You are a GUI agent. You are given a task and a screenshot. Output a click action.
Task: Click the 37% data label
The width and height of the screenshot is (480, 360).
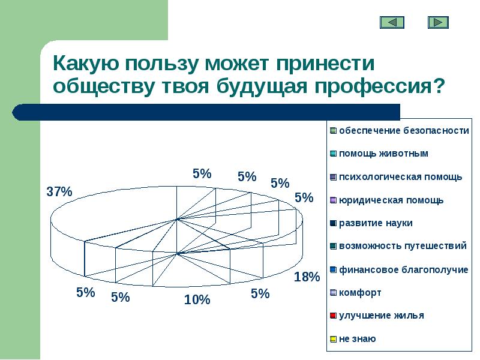pyautogui.click(x=59, y=192)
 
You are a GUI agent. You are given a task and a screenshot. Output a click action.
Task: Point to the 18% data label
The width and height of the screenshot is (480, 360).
pyautogui.click(x=307, y=277)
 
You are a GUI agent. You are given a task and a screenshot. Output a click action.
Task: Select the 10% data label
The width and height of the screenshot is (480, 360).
pyautogui.click(x=197, y=299)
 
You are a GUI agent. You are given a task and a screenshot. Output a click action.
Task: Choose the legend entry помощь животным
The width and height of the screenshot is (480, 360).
pyautogui.click(x=383, y=154)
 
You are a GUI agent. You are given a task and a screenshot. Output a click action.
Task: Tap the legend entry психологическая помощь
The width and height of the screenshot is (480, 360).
pyautogui.click(x=400, y=176)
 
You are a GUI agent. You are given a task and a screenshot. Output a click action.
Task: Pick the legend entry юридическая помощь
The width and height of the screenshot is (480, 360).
pyautogui.click(x=391, y=200)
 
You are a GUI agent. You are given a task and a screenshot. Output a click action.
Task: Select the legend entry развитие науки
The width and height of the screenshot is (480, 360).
pyautogui.click(x=376, y=223)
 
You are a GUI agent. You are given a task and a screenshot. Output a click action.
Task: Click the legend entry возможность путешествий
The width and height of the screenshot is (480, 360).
pyautogui.click(x=403, y=246)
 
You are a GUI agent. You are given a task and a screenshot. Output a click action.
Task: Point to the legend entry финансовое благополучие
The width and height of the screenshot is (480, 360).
pyautogui.click(x=403, y=269)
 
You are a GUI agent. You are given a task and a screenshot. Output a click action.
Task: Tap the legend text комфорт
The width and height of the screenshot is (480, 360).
pyautogui.click(x=360, y=293)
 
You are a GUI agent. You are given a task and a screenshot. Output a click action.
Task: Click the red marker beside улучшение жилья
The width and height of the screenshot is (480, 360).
pyautogui.click(x=332, y=316)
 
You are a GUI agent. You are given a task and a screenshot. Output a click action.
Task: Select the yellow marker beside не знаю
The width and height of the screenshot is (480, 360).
pyautogui.click(x=332, y=339)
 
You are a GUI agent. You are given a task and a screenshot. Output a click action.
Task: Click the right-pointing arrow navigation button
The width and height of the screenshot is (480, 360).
pyautogui.click(x=438, y=22)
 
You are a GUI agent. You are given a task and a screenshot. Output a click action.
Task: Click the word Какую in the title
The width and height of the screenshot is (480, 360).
pyautogui.click(x=87, y=63)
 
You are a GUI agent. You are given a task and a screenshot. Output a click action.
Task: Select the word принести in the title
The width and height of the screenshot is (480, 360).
pyautogui.click(x=323, y=63)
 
